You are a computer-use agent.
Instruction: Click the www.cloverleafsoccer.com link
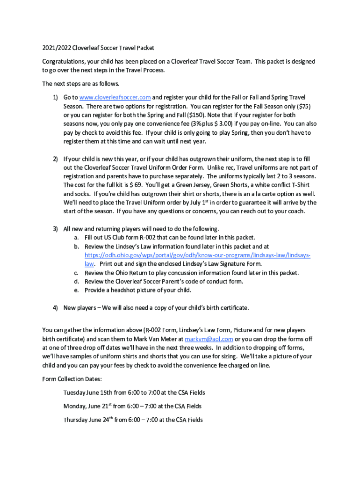tap(115, 97)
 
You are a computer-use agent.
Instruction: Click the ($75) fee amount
tap(302, 106)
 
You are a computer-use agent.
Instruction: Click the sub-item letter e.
tap(76, 290)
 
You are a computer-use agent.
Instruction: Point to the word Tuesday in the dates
tap(75, 392)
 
